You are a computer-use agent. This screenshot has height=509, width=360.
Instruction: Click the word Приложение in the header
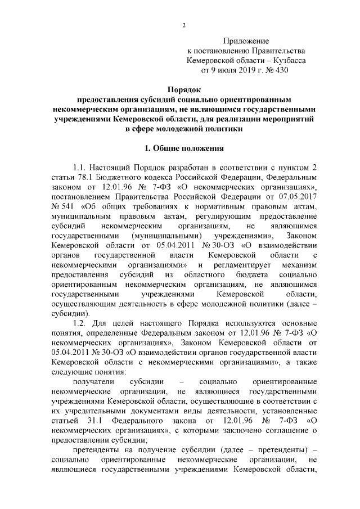point(246,42)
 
